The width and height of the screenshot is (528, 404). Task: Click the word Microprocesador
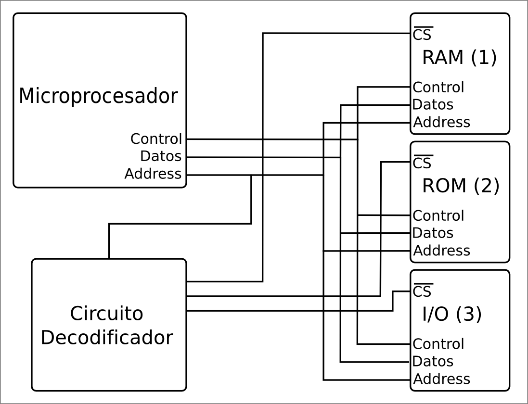[x=98, y=96]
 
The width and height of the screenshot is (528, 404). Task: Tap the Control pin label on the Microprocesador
[x=156, y=139]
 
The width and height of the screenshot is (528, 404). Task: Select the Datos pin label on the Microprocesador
[x=161, y=156]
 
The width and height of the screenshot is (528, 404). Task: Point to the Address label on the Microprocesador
[x=153, y=174]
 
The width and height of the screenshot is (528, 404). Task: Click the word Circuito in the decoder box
[x=106, y=314]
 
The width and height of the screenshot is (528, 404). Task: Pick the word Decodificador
[x=106, y=338]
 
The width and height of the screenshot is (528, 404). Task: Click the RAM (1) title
[x=459, y=58]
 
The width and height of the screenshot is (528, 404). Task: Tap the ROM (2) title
[x=461, y=186]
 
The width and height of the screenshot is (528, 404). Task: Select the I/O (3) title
[x=451, y=315]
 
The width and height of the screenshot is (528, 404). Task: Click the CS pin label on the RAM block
[x=423, y=35]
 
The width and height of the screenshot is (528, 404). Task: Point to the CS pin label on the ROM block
[x=423, y=163]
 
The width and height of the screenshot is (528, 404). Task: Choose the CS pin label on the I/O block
[x=423, y=291]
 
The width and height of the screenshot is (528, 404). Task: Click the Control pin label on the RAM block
[x=438, y=88]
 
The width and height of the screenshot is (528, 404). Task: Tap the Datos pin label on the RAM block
[x=433, y=105]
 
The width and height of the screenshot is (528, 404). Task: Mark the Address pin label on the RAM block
[x=441, y=122]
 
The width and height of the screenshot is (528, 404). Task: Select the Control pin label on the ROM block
[x=438, y=216]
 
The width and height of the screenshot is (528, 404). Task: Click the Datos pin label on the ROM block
[x=433, y=233]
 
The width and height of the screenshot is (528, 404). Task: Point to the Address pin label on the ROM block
[x=441, y=251]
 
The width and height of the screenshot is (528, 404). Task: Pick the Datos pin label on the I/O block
[x=433, y=362]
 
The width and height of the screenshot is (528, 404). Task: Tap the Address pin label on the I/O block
[x=441, y=379]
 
